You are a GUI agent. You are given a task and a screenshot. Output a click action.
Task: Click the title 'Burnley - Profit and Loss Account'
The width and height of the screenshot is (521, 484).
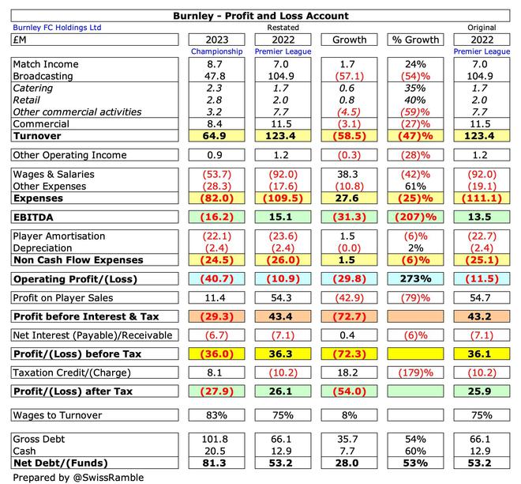coord(260,16)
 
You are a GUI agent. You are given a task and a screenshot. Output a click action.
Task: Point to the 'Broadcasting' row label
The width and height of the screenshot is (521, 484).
coord(44,76)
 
